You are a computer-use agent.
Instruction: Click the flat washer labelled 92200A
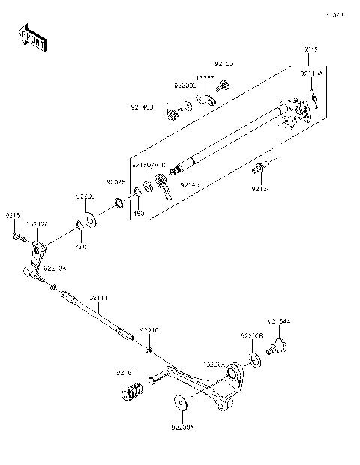180,403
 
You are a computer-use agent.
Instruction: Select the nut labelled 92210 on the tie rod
150,349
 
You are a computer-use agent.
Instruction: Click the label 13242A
37,223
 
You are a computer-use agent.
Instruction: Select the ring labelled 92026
119,203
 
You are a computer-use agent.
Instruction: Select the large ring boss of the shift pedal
233,373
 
